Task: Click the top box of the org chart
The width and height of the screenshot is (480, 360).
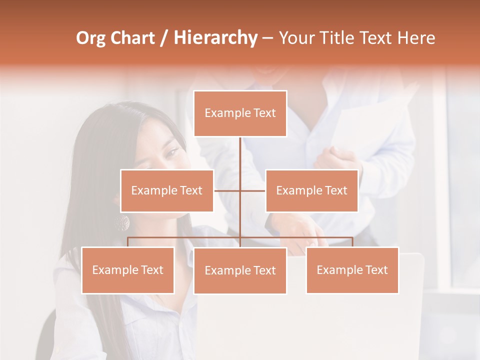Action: (240, 113)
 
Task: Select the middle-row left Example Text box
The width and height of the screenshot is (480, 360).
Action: (167, 190)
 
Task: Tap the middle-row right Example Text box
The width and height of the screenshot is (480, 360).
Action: (311, 190)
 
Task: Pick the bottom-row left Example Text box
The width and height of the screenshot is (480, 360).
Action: (128, 270)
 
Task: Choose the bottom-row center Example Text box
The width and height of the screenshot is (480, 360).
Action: (240, 270)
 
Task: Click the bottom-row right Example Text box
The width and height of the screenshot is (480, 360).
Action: (352, 270)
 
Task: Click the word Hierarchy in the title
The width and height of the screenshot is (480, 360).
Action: (215, 38)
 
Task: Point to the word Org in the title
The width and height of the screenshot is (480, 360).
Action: (91, 38)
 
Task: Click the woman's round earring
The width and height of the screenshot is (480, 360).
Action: (122, 223)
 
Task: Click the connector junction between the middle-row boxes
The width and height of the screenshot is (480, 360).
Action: (240, 190)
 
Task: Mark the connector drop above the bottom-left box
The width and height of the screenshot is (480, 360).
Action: (128, 242)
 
